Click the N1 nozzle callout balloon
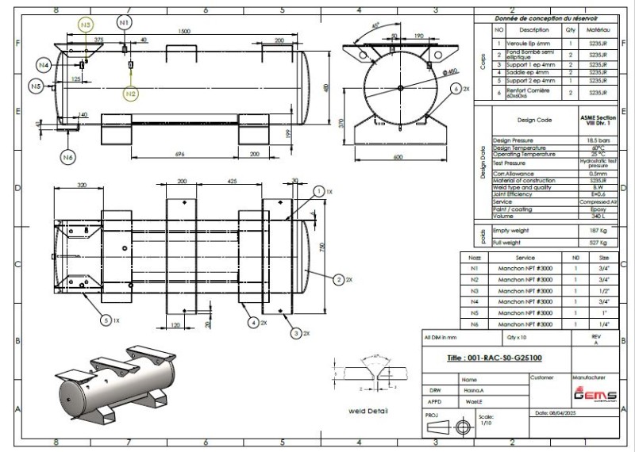124,24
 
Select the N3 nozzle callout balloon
86,25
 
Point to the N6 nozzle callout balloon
68,158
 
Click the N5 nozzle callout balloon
37,86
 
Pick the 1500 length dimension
185,30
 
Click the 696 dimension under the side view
180,153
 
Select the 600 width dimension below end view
407,157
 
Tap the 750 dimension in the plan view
323,247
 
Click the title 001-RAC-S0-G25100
500,358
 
